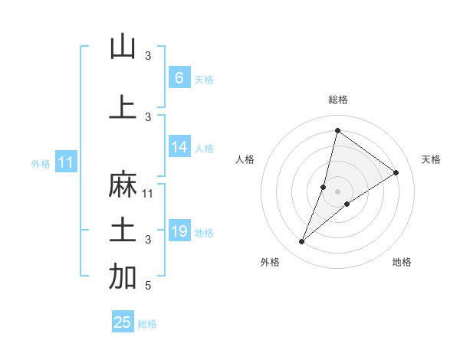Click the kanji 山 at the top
coord(123,47)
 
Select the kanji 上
coord(123,106)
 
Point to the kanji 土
coord(123,231)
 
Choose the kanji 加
coord(123,277)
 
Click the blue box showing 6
coord(179,78)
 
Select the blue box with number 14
coord(179,147)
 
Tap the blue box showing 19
coord(179,231)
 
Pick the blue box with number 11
coord(65,162)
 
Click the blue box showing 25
coord(123,322)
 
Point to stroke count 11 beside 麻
coord(148,193)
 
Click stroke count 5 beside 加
coord(148,286)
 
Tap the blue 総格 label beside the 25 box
coord(148,324)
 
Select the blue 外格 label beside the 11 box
coord(41,163)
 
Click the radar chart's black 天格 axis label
coord(431,159)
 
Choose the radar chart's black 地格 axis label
coord(402,262)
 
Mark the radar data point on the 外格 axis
coord(302,242)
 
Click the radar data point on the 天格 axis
coord(396,172)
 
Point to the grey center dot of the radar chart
coord(337,191)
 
